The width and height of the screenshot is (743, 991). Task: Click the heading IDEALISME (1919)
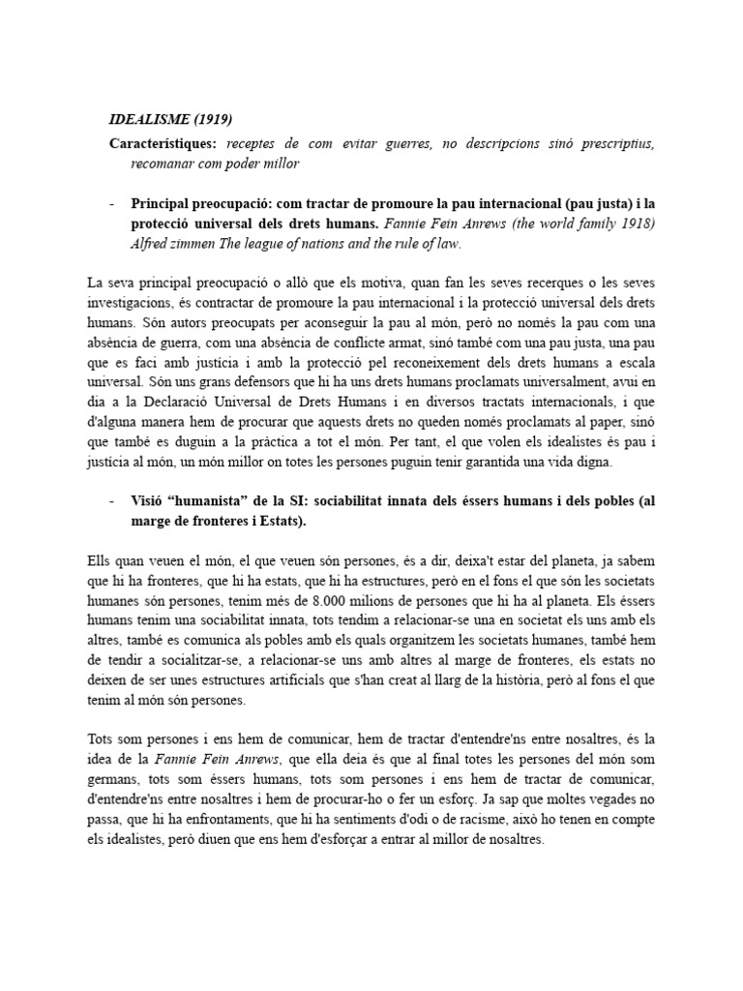pos(171,120)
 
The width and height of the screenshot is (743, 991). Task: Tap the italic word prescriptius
pos(616,143)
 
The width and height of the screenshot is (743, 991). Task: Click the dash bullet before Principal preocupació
pos(112,204)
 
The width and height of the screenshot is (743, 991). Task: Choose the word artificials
pos(267,679)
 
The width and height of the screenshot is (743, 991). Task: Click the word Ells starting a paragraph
pos(100,559)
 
